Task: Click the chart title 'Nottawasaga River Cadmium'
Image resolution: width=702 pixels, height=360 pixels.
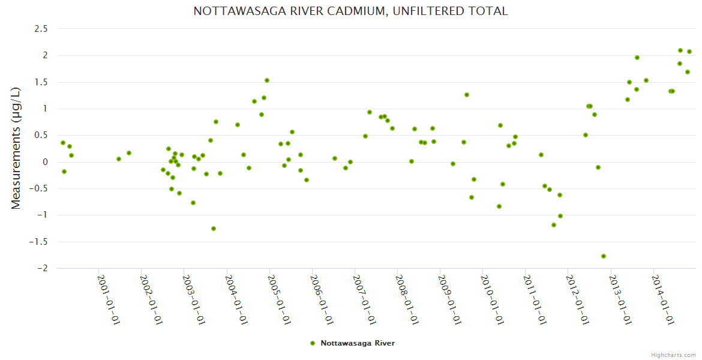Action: (x=350, y=11)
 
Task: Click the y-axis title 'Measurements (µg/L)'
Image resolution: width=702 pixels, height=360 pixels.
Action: (x=16, y=148)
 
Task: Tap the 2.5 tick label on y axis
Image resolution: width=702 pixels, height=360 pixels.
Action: (x=41, y=29)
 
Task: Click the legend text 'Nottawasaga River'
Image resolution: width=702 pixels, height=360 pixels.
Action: (x=358, y=343)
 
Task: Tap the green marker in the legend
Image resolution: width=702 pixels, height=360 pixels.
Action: (x=312, y=343)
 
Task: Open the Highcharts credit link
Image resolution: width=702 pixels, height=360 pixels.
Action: (x=673, y=355)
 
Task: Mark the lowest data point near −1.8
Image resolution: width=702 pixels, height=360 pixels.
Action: (x=604, y=256)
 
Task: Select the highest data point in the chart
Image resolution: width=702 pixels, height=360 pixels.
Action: (x=680, y=50)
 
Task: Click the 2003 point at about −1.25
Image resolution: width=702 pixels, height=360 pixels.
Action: (x=214, y=229)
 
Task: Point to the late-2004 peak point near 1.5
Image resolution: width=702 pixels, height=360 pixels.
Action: (x=267, y=80)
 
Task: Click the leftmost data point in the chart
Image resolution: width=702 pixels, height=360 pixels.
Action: (x=63, y=143)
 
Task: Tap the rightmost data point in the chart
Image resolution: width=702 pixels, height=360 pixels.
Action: (x=689, y=52)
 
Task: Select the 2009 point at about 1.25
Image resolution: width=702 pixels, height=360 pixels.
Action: (x=467, y=95)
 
